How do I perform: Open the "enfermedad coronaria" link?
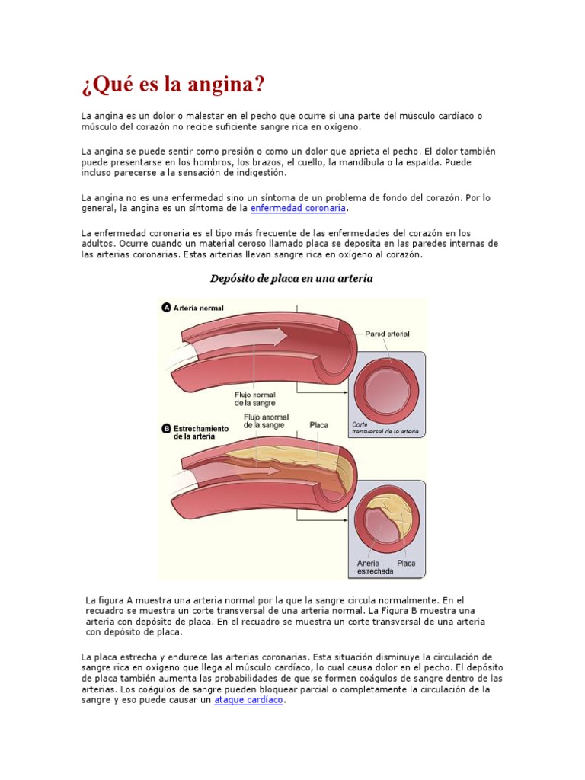pyautogui.click(x=298, y=208)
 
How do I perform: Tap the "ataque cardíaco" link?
pyautogui.click(x=248, y=700)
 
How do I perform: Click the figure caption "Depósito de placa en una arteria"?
pyautogui.click(x=292, y=279)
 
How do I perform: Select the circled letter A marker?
pyautogui.click(x=165, y=308)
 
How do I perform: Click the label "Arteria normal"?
pyautogui.click(x=199, y=308)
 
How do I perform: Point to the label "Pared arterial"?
pyautogui.click(x=387, y=334)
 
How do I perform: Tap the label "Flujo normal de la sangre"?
pyautogui.click(x=254, y=398)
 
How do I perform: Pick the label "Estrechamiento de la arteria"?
pyautogui.click(x=201, y=433)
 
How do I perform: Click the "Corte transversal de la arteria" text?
pyautogui.click(x=385, y=428)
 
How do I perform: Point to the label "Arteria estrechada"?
pyautogui.click(x=375, y=567)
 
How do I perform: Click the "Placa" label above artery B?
pyautogui.click(x=319, y=425)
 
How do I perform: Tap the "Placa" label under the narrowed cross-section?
pyautogui.click(x=407, y=564)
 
